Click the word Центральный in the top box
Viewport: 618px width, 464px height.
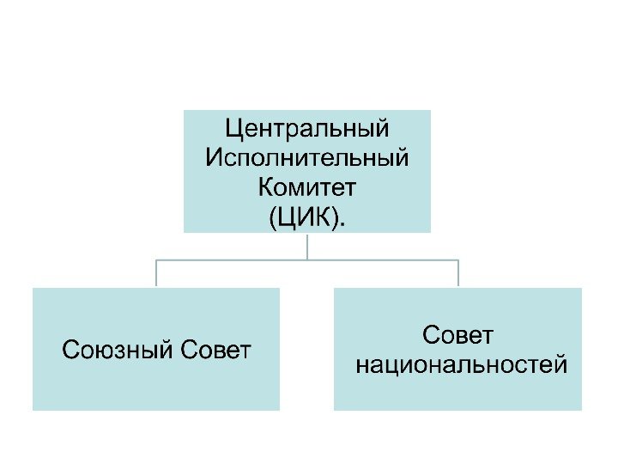[x=306, y=129]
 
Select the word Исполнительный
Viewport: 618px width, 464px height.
[x=306, y=157]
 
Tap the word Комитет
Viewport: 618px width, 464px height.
[x=306, y=186]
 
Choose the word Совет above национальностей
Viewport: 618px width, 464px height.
[x=460, y=334]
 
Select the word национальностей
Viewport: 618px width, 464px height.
[x=461, y=365]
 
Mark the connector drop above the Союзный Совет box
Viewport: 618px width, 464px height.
[x=156, y=273]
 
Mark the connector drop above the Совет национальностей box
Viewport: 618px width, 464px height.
[x=458, y=273]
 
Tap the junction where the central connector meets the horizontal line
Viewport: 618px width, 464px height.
[x=307, y=259]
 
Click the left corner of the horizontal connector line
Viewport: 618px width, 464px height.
[x=156, y=259]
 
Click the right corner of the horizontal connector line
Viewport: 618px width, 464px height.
[x=458, y=259]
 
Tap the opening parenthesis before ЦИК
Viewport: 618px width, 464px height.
[x=273, y=215]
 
